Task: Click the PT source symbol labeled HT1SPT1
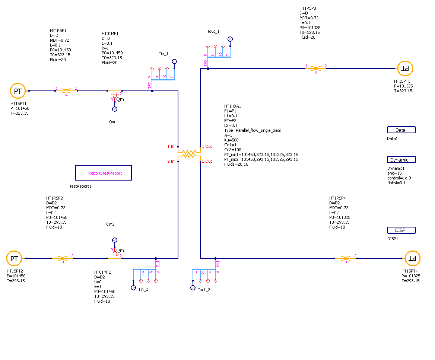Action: [18, 91]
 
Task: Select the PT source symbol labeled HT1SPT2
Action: [14, 258]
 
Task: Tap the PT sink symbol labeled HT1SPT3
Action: [405, 69]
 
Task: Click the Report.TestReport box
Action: [104, 173]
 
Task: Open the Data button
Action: [401, 130]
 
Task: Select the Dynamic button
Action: [401, 160]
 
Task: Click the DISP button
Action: [401, 230]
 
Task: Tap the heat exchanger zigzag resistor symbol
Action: [189, 153]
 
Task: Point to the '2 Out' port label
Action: [207, 161]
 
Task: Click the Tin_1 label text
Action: [164, 54]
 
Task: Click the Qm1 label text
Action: [113, 122]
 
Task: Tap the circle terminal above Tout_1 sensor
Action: [230, 39]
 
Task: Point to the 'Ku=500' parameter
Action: [232, 140]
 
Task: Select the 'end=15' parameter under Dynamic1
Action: [394, 173]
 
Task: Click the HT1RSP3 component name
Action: [308, 8]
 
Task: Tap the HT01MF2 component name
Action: [103, 272]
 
